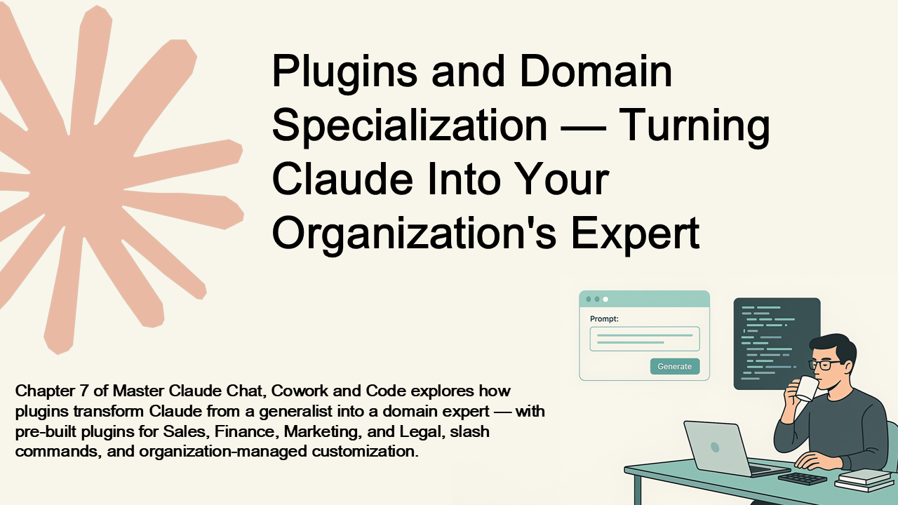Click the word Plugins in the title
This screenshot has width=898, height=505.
[x=344, y=73]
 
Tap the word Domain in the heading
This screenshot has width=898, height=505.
[x=596, y=71]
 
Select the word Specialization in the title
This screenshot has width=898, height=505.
[x=410, y=128]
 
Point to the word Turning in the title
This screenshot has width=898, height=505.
[x=695, y=128]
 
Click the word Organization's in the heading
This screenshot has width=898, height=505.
[x=415, y=235]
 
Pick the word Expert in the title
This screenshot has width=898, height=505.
[x=636, y=235]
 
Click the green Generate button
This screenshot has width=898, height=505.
[x=675, y=366]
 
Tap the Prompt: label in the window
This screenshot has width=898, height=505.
[x=604, y=319]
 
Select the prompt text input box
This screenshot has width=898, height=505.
[x=645, y=339]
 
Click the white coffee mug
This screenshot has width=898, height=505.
[x=806, y=389]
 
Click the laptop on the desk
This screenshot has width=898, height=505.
[x=730, y=448]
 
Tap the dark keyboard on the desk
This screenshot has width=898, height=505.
[x=802, y=478]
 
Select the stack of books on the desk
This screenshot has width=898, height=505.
[x=864, y=480]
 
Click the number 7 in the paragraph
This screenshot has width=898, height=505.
[x=83, y=391]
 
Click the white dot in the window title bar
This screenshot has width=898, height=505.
[x=605, y=299]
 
